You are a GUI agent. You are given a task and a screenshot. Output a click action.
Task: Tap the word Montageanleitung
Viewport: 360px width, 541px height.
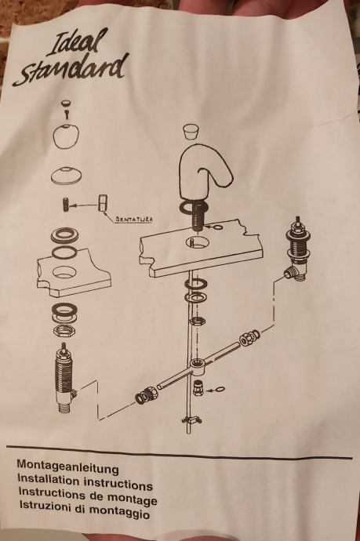tap(68, 467)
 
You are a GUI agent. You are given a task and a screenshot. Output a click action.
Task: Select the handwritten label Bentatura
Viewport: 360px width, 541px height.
tap(133, 219)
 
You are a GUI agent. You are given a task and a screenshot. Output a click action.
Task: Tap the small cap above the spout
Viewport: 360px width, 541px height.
tap(192, 132)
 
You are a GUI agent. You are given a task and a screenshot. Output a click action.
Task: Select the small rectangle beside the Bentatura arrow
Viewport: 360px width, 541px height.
tap(103, 202)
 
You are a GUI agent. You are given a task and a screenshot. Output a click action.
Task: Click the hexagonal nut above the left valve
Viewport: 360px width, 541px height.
tap(64, 332)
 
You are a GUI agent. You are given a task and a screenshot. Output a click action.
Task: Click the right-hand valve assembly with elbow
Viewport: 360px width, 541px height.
tap(297, 249)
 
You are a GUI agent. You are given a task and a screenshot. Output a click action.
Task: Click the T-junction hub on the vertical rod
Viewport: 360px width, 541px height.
tap(197, 365)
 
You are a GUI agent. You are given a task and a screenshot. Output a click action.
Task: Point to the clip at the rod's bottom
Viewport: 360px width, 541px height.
tap(192, 419)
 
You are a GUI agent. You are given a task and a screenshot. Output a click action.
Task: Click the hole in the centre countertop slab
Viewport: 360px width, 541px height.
tap(197, 242)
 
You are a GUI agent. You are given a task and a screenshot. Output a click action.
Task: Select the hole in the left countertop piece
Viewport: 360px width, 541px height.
tap(65, 273)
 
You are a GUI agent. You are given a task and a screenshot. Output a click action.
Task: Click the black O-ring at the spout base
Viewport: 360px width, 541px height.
tap(194, 208)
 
